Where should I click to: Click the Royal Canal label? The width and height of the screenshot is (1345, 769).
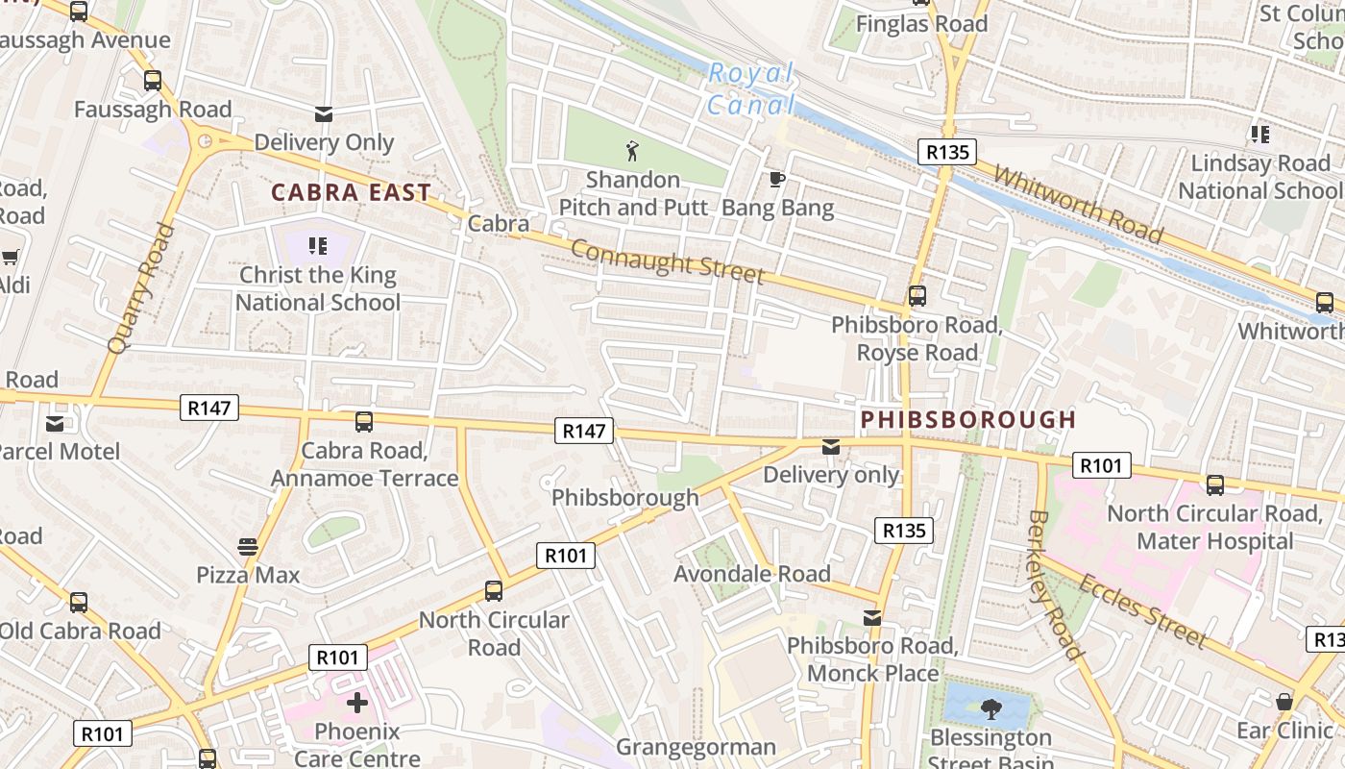pyautogui.click(x=751, y=88)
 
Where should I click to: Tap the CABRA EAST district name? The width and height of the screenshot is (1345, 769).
pyautogui.click(x=350, y=192)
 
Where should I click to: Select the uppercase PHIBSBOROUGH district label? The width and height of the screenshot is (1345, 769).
pyautogui.click(x=968, y=420)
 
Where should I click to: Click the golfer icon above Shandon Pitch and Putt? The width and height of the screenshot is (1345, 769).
pyautogui.click(x=632, y=151)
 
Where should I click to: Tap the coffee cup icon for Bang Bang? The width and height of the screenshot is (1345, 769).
pyautogui.click(x=777, y=179)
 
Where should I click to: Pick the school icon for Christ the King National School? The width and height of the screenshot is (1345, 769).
pyautogui.click(x=318, y=246)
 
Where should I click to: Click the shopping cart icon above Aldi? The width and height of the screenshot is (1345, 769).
pyautogui.click(x=11, y=257)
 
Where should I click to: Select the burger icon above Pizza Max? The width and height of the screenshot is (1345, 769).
pyautogui.click(x=248, y=547)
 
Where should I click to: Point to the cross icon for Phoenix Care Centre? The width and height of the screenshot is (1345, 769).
pyautogui.click(x=356, y=703)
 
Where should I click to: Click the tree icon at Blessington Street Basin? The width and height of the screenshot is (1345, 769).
pyautogui.click(x=990, y=709)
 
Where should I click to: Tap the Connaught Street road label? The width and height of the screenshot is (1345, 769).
pyautogui.click(x=668, y=261)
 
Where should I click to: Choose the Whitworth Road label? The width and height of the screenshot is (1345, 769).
pyautogui.click(x=1078, y=205)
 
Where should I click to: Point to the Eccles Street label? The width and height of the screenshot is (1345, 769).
pyautogui.click(x=1141, y=611)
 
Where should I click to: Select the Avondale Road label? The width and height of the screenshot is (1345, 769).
pyautogui.click(x=752, y=574)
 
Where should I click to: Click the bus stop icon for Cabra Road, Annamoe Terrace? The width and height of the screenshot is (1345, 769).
pyautogui.click(x=364, y=421)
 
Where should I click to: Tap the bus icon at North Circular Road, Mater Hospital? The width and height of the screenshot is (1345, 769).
pyautogui.click(x=1215, y=485)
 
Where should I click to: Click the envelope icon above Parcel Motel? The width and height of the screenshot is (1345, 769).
pyautogui.click(x=55, y=423)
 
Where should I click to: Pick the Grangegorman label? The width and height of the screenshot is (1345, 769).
pyautogui.click(x=696, y=747)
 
